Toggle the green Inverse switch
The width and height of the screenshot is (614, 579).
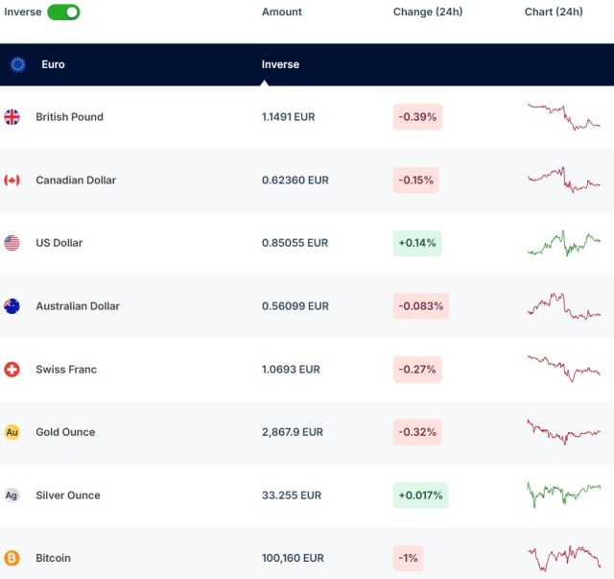tap(63, 12)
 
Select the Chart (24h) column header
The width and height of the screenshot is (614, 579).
tap(554, 12)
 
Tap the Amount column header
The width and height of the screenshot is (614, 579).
tap(282, 12)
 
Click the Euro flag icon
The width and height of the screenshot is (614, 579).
tap(17, 64)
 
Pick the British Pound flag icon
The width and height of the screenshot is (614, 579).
tap(12, 117)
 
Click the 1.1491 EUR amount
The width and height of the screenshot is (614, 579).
tap(288, 117)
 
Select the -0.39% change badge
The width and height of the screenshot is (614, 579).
tap(417, 117)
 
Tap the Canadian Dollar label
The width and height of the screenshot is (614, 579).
tap(76, 181)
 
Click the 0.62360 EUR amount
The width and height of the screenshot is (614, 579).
tap(295, 181)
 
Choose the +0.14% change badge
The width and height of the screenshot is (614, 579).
tap(417, 243)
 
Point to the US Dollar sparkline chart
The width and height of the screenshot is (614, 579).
tap(563, 243)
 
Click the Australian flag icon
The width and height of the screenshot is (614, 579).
tap(12, 306)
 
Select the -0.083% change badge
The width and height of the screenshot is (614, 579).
tap(420, 306)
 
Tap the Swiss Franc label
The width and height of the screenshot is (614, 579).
tap(66, 370)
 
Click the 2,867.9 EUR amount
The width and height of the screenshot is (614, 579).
tap(292, 432)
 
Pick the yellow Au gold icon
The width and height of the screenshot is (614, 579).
tap(12, 432)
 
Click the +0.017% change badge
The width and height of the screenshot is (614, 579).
tap(420, 495)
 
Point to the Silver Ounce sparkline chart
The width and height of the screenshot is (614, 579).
tap(563, 494)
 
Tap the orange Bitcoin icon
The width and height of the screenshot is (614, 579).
tap(12, 558)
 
